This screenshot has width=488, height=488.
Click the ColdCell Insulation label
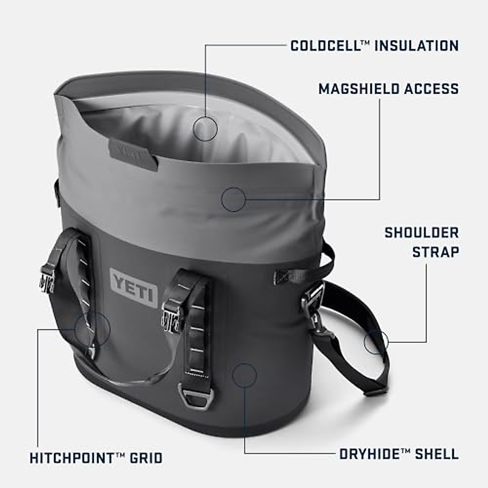pos(374,45)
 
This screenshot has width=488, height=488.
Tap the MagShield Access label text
pos(388,88)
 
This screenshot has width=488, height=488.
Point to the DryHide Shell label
pos(399,453)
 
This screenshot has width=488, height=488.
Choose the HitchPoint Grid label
pos(96,458)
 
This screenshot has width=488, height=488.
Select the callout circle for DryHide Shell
pos(244,374)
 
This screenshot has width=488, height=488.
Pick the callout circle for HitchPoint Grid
pos(92,329)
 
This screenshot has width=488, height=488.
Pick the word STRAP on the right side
pos(436,252)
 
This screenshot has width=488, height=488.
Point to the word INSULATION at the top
pos(416,45)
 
